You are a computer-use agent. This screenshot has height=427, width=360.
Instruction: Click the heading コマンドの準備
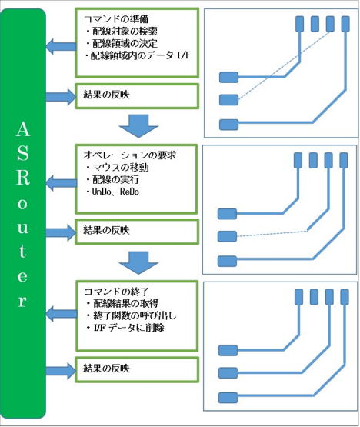click(116, 19)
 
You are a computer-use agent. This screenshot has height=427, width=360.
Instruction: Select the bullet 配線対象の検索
click(122, 31)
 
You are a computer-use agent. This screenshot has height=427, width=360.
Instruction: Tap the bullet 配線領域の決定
click(122, 43)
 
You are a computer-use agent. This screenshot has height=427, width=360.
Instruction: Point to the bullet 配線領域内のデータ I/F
click(138, 55)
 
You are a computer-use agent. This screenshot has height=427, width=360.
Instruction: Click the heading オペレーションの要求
click(130, 155)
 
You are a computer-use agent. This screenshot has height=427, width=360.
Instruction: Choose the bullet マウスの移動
click(118, 167)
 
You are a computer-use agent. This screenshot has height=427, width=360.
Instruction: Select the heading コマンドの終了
click(117, 292)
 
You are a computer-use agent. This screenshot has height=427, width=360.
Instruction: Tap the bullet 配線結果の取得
click(122, 303)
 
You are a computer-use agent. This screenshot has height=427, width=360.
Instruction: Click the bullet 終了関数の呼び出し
click(132, 315)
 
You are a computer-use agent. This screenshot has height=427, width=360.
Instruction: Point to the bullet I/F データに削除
click(125, 327)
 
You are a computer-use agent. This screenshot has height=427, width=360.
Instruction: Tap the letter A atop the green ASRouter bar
click(23, 129)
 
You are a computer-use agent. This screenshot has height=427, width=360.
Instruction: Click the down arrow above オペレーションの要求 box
click(138, 126)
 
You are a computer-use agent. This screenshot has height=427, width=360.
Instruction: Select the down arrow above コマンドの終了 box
click(138, 263)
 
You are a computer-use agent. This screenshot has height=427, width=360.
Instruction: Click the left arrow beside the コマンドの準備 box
click(61, 46)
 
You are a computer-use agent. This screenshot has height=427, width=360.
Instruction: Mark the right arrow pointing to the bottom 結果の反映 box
click(61, 371)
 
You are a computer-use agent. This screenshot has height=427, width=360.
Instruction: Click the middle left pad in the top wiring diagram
click(228, 100)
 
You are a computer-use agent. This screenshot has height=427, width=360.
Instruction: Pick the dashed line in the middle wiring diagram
click(272, 234)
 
